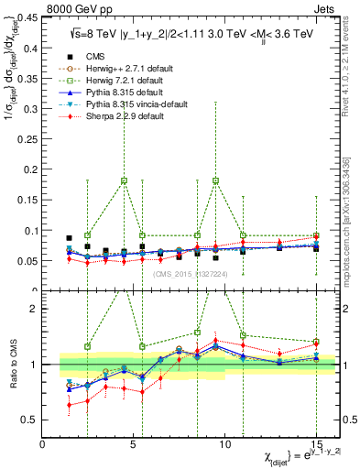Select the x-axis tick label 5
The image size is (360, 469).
click(134, 444)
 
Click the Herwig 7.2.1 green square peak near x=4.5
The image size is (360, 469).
click(124, 180)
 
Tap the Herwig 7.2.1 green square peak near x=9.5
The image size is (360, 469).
click(215, 180)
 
